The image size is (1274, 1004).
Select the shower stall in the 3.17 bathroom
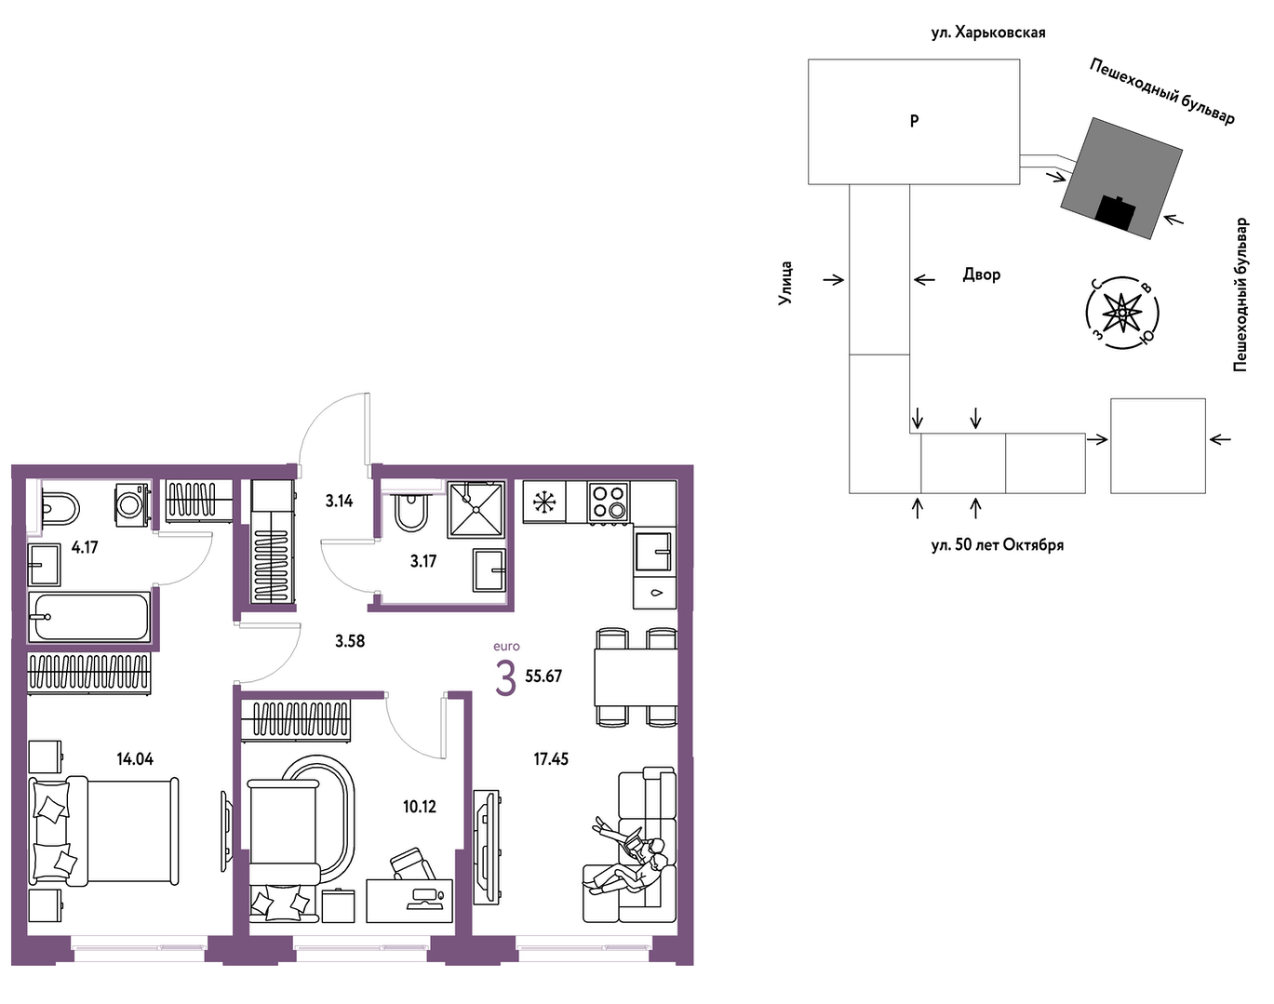[476, 510]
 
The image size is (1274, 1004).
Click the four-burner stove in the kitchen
[610, 502]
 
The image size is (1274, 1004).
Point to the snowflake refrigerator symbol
[544, 502]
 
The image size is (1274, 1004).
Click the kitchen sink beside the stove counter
[654, 552]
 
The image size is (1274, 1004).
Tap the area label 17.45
[551, 759]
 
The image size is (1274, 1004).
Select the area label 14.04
[135, 759]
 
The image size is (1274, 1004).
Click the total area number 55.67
[543, 676]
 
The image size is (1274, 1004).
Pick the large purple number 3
[505, 679]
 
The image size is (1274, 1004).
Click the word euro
[506, 647]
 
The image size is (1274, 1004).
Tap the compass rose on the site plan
[1122, 313]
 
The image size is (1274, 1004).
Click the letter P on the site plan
[914, 121]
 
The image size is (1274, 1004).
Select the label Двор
[982, 274]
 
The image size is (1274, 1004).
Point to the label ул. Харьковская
[988, 33]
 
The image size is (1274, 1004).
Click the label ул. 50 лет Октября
[998, 544]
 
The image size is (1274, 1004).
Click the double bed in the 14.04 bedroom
[103, 831]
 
